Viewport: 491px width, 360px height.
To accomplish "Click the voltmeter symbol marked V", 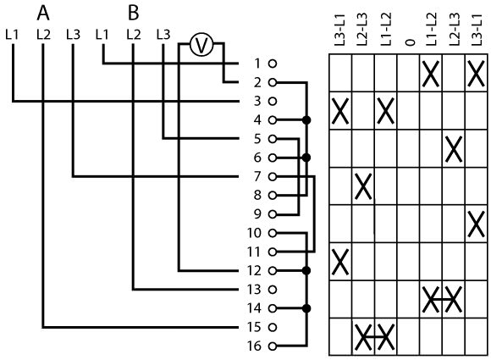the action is (x=201, y=45).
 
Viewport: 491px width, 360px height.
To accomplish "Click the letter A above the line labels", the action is (x=43, y=14).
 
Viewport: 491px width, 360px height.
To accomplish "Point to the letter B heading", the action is (x=134, y=14).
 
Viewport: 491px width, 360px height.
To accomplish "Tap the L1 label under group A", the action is (x=12, y=35).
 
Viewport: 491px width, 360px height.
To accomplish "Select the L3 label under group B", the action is (x=163, y=35).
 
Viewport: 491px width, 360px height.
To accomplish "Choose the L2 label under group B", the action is (x=134, y=35).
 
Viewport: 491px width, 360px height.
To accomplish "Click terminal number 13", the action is (x=254, y=290).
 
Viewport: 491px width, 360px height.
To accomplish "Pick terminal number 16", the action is (x=254, y=346).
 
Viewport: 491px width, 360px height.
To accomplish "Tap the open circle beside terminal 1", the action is (x=273, y=64).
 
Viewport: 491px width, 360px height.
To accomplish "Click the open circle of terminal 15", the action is (x=273, y=327).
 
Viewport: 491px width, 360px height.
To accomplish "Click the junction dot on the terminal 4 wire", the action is (x=306, y=120).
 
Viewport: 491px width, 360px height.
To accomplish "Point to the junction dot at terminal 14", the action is (x=306, y=308).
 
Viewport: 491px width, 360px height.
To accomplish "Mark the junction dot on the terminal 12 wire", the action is (x=306, y=270).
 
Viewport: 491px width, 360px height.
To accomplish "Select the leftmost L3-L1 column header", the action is (x=339, y=30).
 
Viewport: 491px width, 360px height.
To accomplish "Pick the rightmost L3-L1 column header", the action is (x=477, y=30).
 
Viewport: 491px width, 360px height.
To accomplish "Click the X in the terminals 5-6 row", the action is (x=454, y=149).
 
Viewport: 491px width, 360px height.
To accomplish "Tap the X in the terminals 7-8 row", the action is (x=363, y=186).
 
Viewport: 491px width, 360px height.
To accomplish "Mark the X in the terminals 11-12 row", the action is (x=340, y=262).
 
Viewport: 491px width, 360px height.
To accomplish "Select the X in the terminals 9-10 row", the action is (x=476, y=224).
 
